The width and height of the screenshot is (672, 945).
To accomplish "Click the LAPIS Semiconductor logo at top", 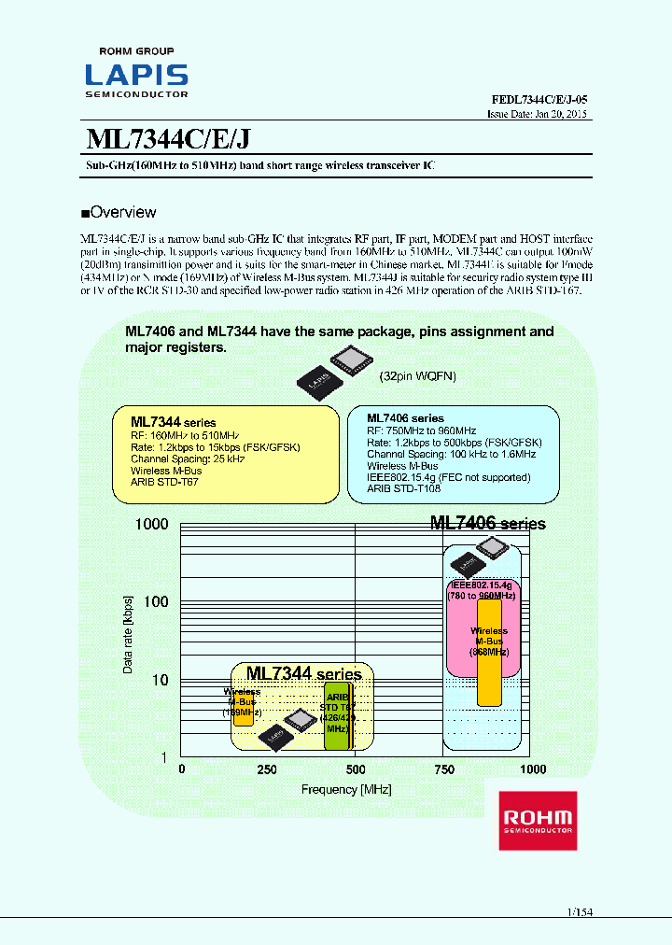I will (136, 74).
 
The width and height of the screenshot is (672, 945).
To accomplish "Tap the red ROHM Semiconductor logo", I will (537, 820).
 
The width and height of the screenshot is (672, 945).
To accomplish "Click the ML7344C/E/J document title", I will (167, 138).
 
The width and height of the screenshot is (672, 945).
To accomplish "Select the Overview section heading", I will (119, 212).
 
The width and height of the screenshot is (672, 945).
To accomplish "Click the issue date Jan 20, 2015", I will (538, 114).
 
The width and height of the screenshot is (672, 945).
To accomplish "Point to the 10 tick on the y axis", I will (160, 680).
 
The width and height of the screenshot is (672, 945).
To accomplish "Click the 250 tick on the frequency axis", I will (267, 769).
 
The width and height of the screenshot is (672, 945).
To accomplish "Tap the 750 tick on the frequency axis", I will (444, 769).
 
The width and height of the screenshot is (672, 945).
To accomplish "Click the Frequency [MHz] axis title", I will (346, 789).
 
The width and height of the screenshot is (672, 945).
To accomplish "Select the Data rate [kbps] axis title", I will (128, 634).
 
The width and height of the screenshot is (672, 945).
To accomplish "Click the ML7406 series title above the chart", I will (487, 524).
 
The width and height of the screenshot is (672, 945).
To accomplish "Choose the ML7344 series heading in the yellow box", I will (173, 422).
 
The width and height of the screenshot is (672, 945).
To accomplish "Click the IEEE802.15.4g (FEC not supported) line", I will (448, 477).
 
